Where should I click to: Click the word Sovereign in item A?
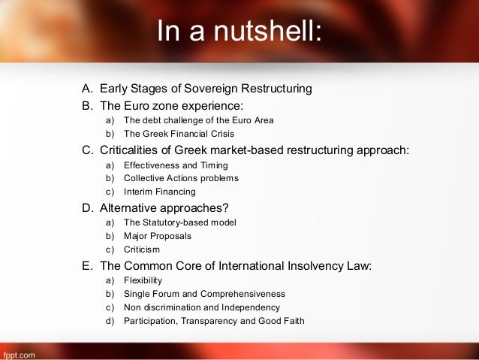point(200,89)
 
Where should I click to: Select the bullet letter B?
point(86,105)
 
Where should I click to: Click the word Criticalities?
point(136,150)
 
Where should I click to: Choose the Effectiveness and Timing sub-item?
point(176,165)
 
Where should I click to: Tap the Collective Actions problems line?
point(181,178)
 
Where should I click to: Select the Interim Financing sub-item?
point(161,192)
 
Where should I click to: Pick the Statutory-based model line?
point(179,222)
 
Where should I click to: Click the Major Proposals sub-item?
point(158,235)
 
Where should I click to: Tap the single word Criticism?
point(142,250)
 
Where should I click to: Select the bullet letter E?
point(86,265)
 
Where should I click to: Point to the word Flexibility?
point(143,280)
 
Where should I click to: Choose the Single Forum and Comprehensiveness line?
point(204,293)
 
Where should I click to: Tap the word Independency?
point(250,307)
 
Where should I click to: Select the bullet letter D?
point(86,207)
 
